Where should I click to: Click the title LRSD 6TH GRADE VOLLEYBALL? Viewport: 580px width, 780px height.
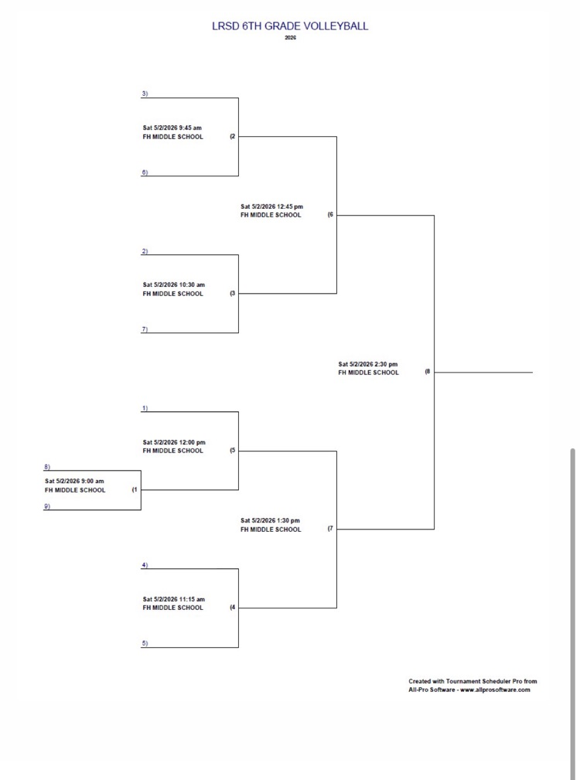[290, 26]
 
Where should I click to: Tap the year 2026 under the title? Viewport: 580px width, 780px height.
[290, 38]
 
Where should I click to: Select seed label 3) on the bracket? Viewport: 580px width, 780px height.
[145, 94]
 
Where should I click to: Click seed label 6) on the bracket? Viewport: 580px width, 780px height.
[145, 172]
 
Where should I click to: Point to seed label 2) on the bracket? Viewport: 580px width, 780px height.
[145, 251]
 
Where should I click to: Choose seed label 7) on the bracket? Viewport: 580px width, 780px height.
[145, 329]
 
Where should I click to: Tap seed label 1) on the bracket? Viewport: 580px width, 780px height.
[145, 408]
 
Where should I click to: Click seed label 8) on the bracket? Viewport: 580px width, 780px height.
[47, 467]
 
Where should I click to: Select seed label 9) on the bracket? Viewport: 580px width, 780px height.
[47, 506]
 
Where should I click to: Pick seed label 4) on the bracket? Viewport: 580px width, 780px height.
[145, 565]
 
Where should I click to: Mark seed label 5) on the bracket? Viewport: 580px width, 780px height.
[145, 643]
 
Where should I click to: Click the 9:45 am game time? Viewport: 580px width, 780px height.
[172, 128]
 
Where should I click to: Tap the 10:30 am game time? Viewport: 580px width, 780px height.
[173, 285]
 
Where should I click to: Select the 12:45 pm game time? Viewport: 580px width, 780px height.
[271, 206]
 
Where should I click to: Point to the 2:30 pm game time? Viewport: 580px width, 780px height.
[368, 364]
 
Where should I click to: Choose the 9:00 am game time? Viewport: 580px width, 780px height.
[74, 482]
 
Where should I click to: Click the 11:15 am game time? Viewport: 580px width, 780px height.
[173, 599]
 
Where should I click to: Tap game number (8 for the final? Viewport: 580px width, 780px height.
[427, 372]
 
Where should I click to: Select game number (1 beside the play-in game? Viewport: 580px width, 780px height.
[135, 489]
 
